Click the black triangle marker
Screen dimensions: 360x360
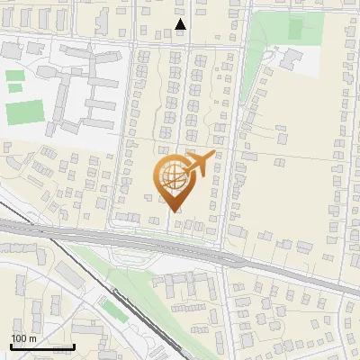(181, 25)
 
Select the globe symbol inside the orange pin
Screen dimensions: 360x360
(171, 178)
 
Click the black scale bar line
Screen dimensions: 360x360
(42, 346)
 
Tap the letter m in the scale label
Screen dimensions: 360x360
(32, 338)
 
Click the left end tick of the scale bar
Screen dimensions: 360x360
(11, 346)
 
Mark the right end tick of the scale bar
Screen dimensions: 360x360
(74, 346)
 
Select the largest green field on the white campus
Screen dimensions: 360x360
(24, 112)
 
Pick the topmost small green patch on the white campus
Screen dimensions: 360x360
(14, 76)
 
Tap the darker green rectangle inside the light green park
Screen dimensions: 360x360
(295, 28)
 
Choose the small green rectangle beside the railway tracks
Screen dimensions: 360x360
(112, 310)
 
